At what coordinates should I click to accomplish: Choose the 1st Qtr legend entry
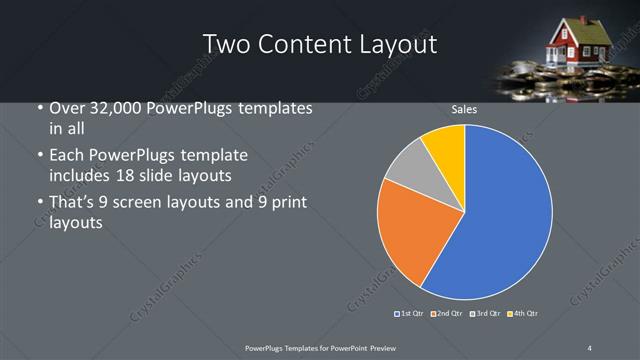pos(411,314)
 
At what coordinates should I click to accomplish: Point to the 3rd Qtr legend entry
pos(486,314)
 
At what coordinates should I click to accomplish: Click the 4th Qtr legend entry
pos(524,314)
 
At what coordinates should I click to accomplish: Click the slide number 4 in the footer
pos(590,347)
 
